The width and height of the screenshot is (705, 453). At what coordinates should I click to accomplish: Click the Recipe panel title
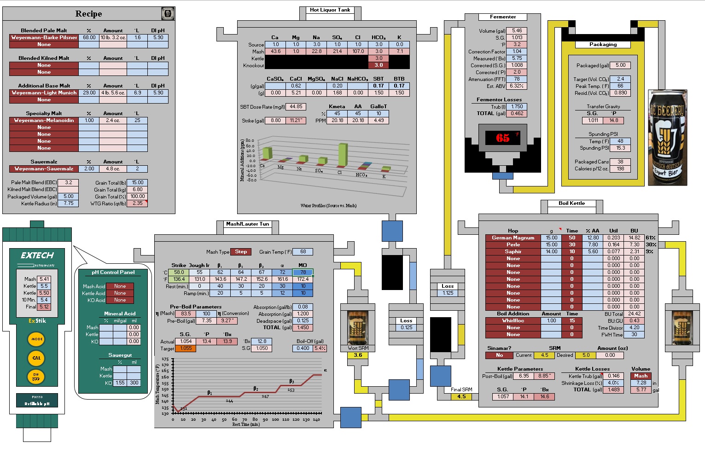(88, 14)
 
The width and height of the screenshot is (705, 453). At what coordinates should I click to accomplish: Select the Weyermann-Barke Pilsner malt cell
(44, 38)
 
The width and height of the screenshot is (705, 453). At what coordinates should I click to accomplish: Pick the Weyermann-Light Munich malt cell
(44, 93)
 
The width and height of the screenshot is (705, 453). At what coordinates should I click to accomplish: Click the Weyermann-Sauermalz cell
(44, 169)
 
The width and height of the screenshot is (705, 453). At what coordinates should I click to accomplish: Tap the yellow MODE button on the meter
(37, 339)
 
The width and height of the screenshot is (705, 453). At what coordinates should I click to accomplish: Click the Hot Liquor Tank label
(330, 10)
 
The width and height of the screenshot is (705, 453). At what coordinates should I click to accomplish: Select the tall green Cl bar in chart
(342, 155)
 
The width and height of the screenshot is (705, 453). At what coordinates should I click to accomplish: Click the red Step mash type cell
(241, 252)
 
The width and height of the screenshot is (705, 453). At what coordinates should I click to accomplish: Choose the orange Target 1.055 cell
(186, 348)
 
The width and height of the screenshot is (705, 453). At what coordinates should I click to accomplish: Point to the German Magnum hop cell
(513, 238)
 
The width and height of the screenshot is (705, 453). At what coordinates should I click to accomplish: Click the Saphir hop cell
(513, 252)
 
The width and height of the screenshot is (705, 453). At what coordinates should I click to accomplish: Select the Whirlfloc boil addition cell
(513, 321)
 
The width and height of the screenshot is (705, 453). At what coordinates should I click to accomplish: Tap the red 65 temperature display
(502, 138)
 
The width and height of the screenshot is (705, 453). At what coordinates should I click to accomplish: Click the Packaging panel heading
(603, 45)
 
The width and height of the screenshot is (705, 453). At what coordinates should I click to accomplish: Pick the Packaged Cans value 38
(620, 162)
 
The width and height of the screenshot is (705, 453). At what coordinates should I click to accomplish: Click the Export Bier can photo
(667, 138)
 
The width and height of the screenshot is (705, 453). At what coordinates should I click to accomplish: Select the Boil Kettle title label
(571, 203)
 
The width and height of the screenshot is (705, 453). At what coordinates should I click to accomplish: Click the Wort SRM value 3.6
(358, 355)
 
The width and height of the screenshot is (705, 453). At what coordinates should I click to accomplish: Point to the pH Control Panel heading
(113, 273)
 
